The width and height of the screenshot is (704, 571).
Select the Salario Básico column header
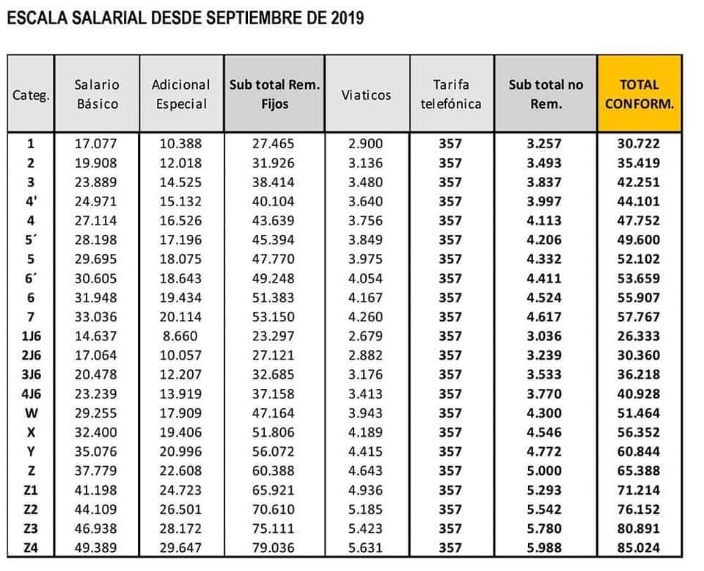(x=97, y=95)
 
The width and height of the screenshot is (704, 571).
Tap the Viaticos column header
(x=366, y=95)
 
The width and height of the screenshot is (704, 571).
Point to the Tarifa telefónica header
(x=451, y=95)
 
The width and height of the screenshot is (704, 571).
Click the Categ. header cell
(x=31, y=95)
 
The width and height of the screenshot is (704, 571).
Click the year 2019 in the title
(x=347, y=18)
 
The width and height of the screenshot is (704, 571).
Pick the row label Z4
(x=31, y=548)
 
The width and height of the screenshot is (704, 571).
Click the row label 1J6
(x=31, y=336)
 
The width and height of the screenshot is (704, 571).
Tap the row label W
(x=31, y=413)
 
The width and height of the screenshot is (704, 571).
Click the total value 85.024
(x=639, y=548)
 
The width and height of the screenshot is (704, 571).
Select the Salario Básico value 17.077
(x=95, y=144)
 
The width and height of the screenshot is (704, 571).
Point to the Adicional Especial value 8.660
(x=180, y=336)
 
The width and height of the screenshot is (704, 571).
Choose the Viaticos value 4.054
(x=365, y=279)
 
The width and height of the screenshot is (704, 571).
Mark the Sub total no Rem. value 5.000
(x=544, y=470)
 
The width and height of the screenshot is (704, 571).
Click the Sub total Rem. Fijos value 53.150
(x=273, y=317)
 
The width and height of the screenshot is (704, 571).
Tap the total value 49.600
(x=639, y=240)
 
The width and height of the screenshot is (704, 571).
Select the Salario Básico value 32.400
(x=95, y=432)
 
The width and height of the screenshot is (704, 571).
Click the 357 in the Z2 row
(x=450, y=509)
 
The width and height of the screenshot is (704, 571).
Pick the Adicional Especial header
(x=181, y=95)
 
